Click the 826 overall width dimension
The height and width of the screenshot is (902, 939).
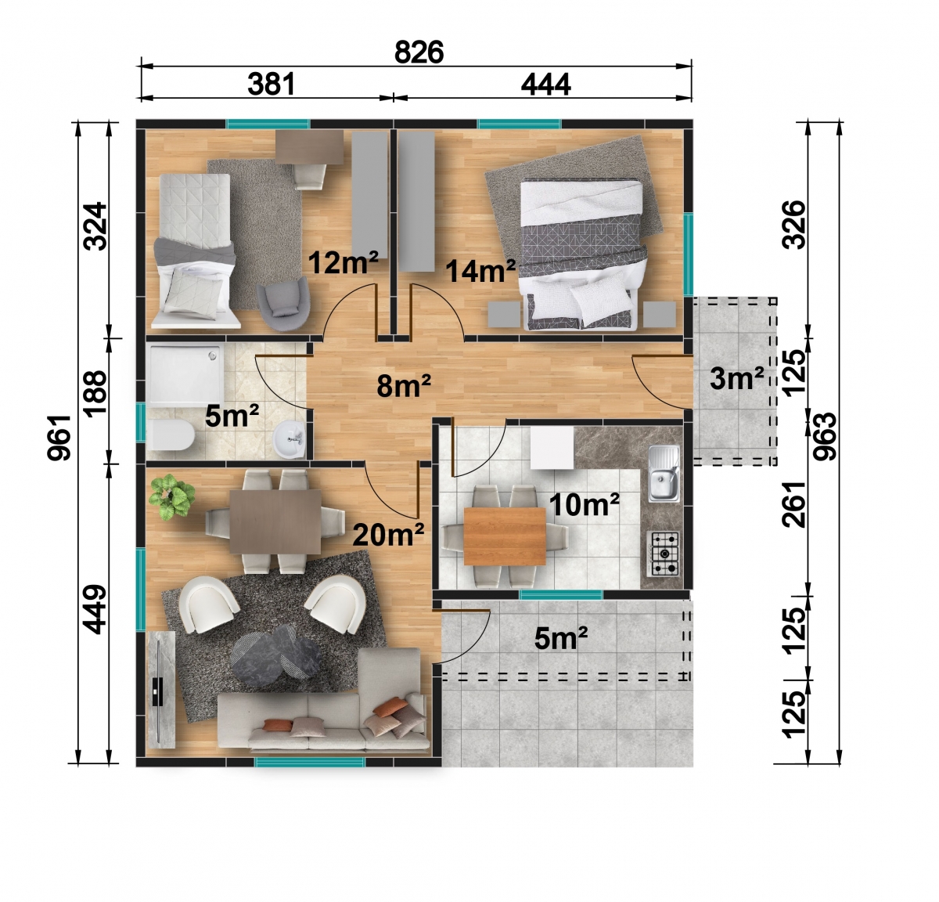[419, 52]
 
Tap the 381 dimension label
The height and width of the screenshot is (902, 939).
[272, 84]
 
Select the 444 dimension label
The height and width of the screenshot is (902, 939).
[545, 85]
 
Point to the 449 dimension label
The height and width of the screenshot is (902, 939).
[95, 609]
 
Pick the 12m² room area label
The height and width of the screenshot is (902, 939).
[343, 262]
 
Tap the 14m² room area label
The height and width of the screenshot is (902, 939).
[480, 270]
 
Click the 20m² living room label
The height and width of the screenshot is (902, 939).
[388, 534]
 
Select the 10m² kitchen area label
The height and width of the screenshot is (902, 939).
[585, 505]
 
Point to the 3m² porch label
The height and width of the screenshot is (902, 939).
[737, 378]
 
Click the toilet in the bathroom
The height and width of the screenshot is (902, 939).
[171, 435]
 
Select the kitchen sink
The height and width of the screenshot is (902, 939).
[664, 474]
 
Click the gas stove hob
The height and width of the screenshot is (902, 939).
[665, 554]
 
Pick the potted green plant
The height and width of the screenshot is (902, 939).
[172, 496]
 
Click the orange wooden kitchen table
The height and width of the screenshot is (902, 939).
[504, 536]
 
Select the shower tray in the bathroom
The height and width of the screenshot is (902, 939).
[185, 376]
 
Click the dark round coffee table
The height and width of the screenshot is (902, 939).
[275, 655]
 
